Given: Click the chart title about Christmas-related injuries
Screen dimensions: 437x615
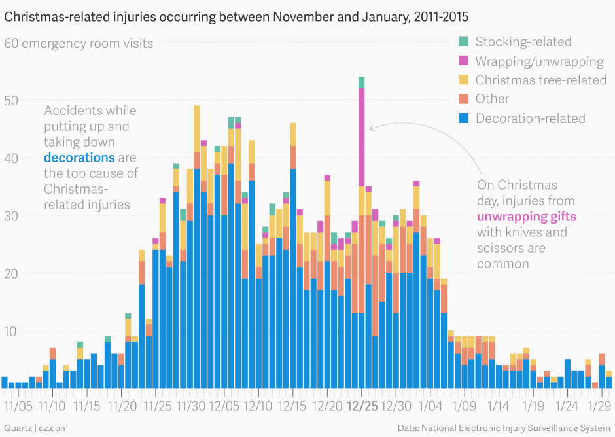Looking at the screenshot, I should click(236, 16).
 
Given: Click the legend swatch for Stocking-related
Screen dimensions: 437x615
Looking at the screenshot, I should click(463, 41).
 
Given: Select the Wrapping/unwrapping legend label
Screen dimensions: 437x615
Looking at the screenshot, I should click(539, 61).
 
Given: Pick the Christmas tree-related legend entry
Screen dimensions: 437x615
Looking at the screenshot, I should click(540, 80).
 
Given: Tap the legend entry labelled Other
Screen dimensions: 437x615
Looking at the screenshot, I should click(492, 99).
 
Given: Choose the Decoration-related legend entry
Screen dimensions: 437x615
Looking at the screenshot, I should click(530, 118).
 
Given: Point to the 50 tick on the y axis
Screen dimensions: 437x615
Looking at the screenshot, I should click(12, 101).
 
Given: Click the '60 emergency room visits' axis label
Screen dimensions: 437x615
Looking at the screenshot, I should click(79, 44).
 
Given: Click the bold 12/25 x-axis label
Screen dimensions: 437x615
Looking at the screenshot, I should click(362, 406).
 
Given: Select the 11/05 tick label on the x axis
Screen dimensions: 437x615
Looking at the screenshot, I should click(18, 406).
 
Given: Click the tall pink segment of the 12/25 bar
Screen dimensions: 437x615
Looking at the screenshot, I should click(361, 137).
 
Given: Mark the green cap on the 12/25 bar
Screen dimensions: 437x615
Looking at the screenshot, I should click(361, 82).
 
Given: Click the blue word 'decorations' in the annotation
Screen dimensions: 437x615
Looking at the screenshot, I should click(79, 158).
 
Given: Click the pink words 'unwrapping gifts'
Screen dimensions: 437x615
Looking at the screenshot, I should click(527, 217).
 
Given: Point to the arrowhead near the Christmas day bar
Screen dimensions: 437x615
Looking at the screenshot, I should click(372, 128).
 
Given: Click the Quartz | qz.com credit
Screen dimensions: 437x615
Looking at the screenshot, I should click(36, 427).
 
